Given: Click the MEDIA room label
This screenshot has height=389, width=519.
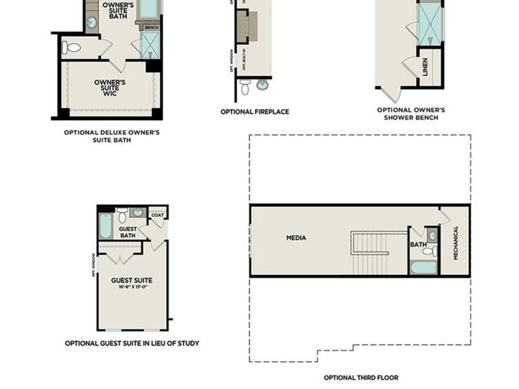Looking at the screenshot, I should pyautogui.click(x=296, y=238).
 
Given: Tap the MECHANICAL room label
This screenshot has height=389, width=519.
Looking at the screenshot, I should pyautogui.click(x=455, y=242).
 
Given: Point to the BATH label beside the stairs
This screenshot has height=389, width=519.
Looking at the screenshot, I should pyautogui.click(x=417, y=244).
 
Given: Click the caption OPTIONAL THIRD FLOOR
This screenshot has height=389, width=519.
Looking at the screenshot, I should pyautogui.click(x=361, y=377).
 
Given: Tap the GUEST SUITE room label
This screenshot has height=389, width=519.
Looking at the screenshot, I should pyautogui.click(x=132, y=281).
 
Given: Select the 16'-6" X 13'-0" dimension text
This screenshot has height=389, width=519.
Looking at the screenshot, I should pyautogui.click(x=132, y=287).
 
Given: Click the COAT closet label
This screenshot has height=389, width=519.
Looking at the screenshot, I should pyautogui.click(x=157, y=215).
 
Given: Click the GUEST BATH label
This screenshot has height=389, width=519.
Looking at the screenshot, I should pyautogui.click(x=128, y=231).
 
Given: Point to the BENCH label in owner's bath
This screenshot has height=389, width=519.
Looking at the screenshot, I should pyautogui.click(x=151, y=28).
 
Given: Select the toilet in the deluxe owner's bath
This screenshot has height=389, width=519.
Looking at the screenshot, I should pyautogui.click(x=71, y=47).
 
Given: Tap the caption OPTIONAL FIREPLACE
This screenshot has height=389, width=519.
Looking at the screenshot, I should pyautogui.click(x=254, y=112).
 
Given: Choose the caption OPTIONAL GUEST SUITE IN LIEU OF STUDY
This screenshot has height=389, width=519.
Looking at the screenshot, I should pyautogui.click(x=132, y=343).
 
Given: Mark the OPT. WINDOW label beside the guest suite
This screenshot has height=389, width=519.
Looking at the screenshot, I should pyautogui.click(x=95, y=265).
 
